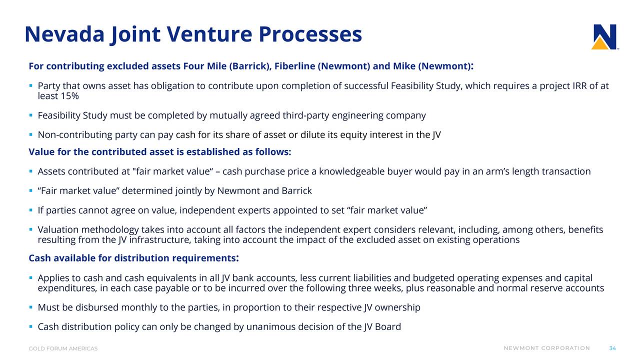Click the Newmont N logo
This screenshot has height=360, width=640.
click(604, 37)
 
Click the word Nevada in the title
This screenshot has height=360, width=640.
click(64, 34)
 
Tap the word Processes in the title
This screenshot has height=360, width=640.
click(310, 34)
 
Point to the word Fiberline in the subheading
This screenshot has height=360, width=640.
click(295, 66)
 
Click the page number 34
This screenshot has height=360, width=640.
click(612, 348)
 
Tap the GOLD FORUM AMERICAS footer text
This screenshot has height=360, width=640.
click(63, 348)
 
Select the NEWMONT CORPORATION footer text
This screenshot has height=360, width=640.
click(547, 348)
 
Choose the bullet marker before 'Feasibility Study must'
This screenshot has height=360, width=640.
click(31, 115)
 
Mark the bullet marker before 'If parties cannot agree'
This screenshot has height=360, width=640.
click(31, 210)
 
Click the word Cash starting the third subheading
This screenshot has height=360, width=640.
click(39, 258)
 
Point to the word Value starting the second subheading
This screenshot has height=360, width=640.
click(41, 151)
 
